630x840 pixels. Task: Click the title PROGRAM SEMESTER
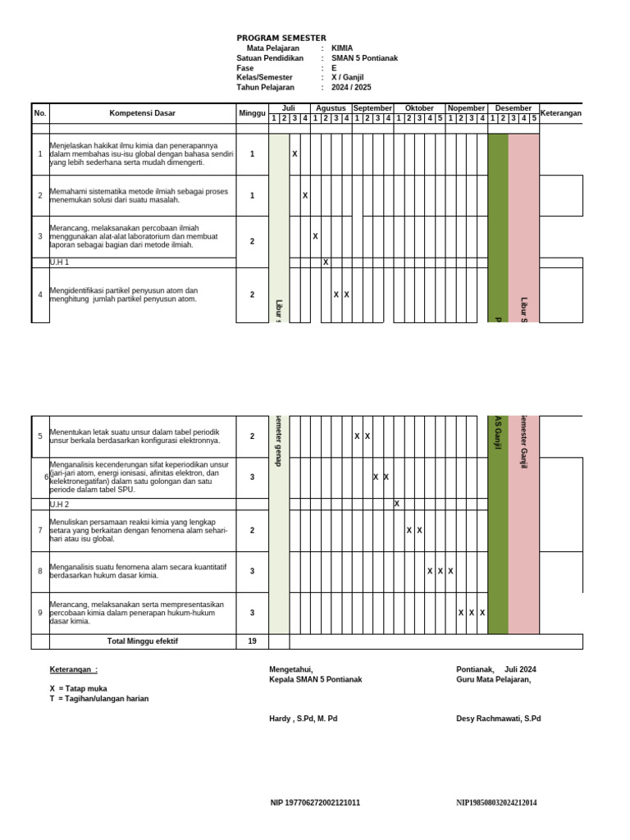click(x=281, y=38)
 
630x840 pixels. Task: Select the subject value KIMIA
click(x=342, y=48)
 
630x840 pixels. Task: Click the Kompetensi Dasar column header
click(x=142, y=113)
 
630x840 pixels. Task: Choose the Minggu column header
click(x=252, y=113)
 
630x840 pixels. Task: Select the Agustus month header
click(x=331, y=108)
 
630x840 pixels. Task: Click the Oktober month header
click(x=418, y=108)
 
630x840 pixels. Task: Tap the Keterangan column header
click(x=560, y=113)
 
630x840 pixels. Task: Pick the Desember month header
click(x=514, y=108)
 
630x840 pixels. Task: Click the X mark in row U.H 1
click(x=326, y=262)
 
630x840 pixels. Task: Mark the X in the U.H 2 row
click(x=397, y=504)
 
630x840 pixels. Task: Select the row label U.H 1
click(x=60, y=262)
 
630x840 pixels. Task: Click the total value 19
click(x=252, y=641)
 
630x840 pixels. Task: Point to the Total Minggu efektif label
click(x=142, y=641)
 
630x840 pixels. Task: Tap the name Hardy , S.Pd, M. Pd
click(x=303, y=719)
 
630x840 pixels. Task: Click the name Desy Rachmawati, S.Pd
click(x=498, y=719)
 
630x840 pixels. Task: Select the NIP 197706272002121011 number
click(x=315, y=802)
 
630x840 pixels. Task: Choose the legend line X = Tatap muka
click(x=78, y=688)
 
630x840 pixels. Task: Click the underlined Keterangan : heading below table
click(x=73, y=669)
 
